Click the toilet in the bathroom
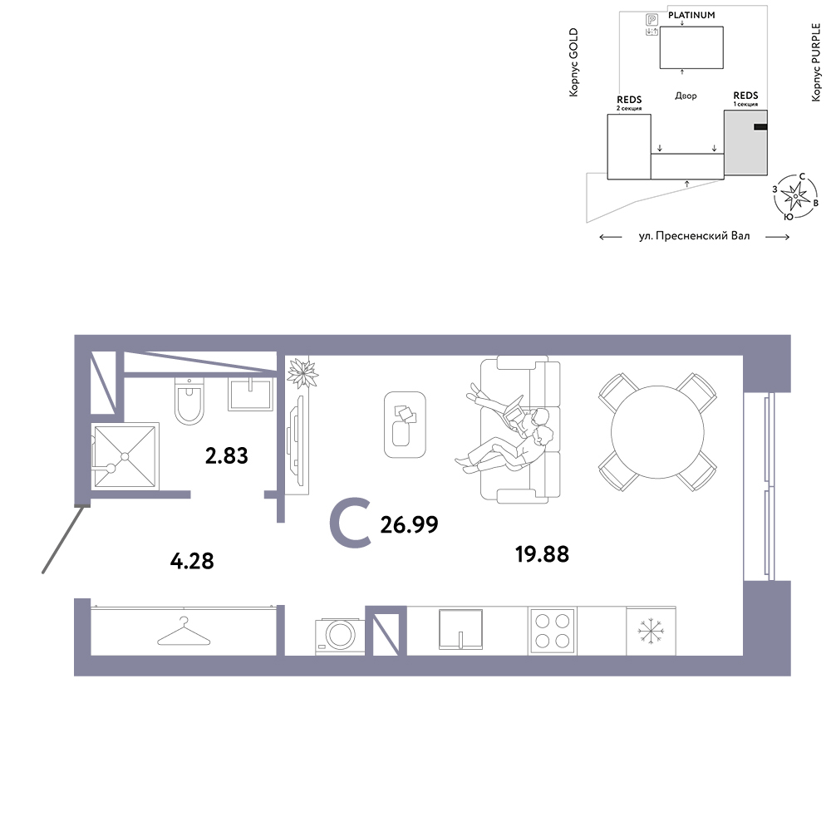[189, 401]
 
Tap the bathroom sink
[250, 394]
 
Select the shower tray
[125, 455]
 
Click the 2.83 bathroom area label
[226, 455]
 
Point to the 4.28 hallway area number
[192, 561]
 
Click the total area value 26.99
[409, 524]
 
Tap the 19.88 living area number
[542, 554]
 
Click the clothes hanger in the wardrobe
[184, 632]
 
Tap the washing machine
[340, 636]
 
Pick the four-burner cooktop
[553, 631]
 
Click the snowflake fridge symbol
[651, 632]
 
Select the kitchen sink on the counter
[460, 629]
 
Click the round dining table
[657, 432]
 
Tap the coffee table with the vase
[405, 424]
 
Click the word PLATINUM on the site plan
[691, 15]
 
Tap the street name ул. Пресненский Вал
[694, 236]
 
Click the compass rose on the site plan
[795, 196]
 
